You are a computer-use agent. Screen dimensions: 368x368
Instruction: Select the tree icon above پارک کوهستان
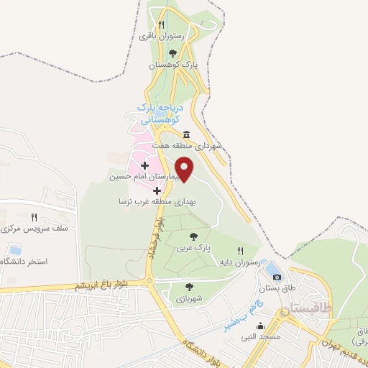pyautogui.click(x=172, y=52)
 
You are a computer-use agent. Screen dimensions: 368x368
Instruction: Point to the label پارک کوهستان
pyautogui.click(x=172, y=65)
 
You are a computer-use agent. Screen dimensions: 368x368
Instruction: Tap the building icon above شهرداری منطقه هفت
pyautogui.click(x=186, y=134)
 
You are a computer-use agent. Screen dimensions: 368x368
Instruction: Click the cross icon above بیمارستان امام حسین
pyautogui.click(x=145, y=165)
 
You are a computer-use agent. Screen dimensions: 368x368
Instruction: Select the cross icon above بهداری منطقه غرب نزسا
pyautogui.click(x=157, y=190)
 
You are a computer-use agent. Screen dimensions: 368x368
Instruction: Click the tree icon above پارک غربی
pyautogui.click(x=192, y=236)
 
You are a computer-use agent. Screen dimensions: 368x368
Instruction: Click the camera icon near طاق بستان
pyautogui.click(x=277, y=275)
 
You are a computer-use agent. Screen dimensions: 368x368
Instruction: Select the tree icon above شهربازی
pyautogui.click(x=189, y=287)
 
